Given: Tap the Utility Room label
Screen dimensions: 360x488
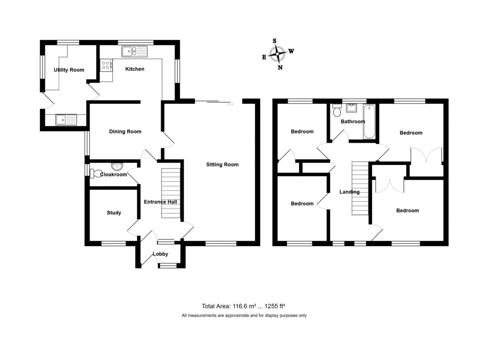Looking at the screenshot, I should click(69, 70).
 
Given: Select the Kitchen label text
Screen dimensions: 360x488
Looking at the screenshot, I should click(134, 69).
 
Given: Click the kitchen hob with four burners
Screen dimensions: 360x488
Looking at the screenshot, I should click(106, 64).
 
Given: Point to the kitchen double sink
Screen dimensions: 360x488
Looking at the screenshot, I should click(129, 50).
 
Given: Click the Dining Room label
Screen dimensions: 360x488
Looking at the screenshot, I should click(125, 132).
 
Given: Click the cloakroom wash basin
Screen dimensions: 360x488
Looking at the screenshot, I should click(117, 166).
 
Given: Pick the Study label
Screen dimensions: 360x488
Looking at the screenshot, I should click(114, 213).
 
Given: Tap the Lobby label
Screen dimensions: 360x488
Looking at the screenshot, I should click(160, 254).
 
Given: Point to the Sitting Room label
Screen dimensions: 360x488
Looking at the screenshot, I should click(222, 165).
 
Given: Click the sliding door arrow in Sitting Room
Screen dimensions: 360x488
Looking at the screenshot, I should click(231, 104).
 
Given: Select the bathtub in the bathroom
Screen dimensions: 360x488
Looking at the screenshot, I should click(369, 123).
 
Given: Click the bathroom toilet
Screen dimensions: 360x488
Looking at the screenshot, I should click(337, 110).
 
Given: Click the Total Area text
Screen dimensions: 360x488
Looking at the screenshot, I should click(244, 307).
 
